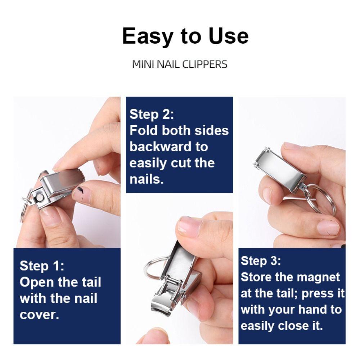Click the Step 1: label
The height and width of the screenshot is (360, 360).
[42, 266]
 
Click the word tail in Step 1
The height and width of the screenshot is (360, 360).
[92, 282]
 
